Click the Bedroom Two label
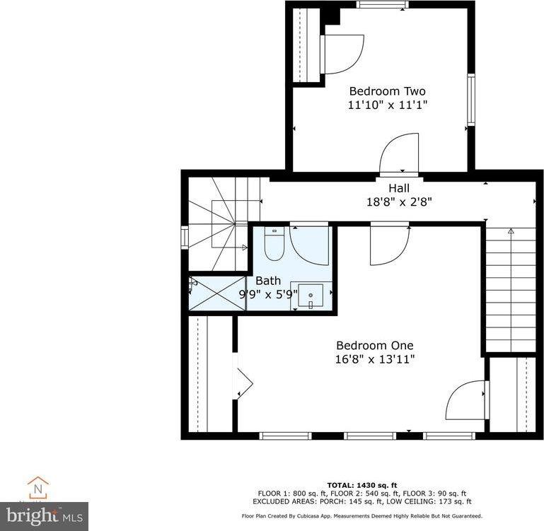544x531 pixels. [x=387, y=91]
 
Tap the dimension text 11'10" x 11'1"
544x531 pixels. [x=387, y=105]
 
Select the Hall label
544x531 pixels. [x=398, y=188]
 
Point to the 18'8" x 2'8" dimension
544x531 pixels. [x=398, y=202]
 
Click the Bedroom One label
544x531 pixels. [x=374, y=346]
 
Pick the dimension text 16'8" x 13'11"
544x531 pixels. [x=374, y=359]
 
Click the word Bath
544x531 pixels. [x=268, y=281]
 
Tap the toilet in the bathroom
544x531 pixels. [x=273, y=244]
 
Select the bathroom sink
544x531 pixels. [x=310, y=296]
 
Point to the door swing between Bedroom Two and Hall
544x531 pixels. [x=399, y=154]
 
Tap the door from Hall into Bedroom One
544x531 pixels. [x=388, y=245]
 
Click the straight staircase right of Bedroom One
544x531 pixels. [x=511, y=289]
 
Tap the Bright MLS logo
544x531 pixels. [x=44, y=515]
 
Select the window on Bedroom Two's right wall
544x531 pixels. [x=470, y=100]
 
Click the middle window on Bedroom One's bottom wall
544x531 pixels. [x=369, y=436]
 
